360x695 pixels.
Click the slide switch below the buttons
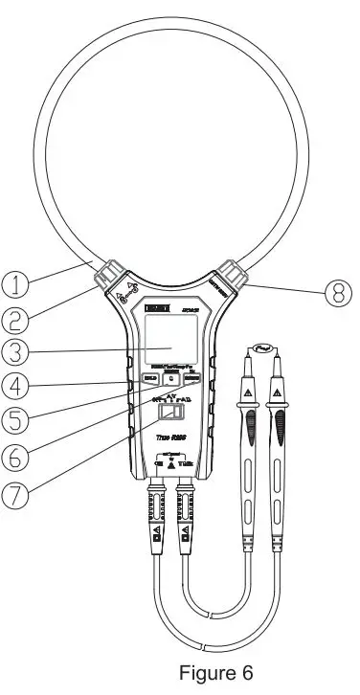(x=170, y=413)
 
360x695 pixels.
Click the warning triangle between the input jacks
(x=171, y=466)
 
